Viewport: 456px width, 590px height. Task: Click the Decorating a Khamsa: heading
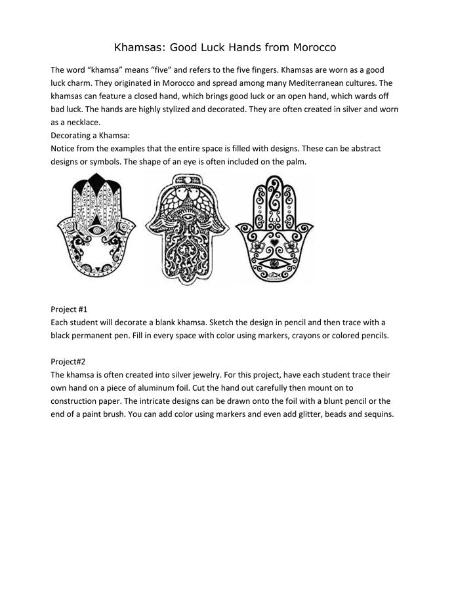pos(91,136)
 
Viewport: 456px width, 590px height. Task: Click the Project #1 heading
pos(69,309)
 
